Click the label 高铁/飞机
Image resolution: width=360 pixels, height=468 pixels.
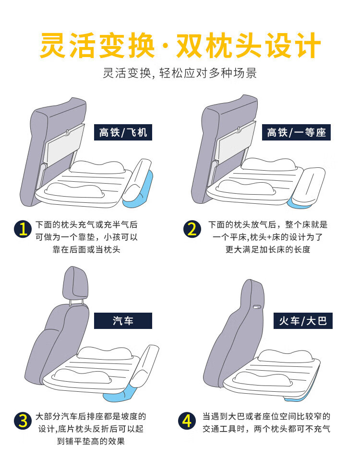pyautogui.click(x=123, y=132)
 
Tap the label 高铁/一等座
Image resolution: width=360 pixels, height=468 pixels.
pyautogui.click(x=296, y=132)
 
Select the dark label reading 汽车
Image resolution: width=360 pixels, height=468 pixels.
pyautogui.click(x=123, y=321)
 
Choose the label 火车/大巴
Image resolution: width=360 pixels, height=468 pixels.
pyautogui.click(x=303, y=321)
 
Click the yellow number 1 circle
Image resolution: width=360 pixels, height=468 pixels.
pyautogui.click(x=23, y=229)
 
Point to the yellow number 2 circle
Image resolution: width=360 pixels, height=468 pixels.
pyautogui.click(x=192, y=229)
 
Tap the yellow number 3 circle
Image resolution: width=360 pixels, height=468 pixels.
pyautogui.click(x=23, y=421)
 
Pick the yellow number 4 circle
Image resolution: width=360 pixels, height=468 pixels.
pyautogui.click(x=187, y=421)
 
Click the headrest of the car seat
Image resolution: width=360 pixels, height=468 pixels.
pyautogui.click(x=75, y=282)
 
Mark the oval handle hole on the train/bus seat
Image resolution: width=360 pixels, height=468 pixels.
pyautogui.click(x=256, y=306)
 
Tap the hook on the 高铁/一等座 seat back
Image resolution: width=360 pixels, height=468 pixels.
pyautogui.click(x=239, y=129)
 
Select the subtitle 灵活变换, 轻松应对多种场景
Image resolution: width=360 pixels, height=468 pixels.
pyautogui.click(x=180, y=73)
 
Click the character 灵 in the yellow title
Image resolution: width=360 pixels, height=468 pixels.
pyautogui.click(x=53, y=46)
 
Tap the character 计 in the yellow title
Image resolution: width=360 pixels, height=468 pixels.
pyautogui.click(x=307, y=46)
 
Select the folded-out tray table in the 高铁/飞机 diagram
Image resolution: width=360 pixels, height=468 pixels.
pyautogui.click(x=64, y=145)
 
